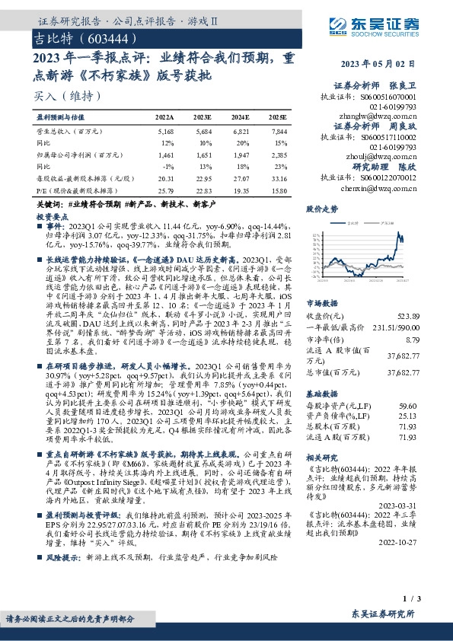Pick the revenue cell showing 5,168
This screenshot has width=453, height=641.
click(166, 132)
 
